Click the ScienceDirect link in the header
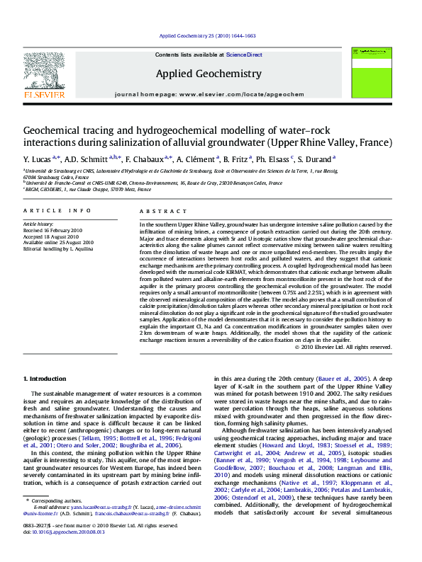[x=244, y=55]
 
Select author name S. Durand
[x=316, y=160]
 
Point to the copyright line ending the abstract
[x=343, y=347]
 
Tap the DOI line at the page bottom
[x=54, y=551]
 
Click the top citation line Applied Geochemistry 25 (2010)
[x=207, y=35]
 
